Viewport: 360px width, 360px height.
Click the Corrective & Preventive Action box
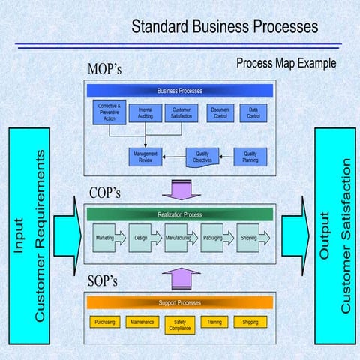coord(109,113)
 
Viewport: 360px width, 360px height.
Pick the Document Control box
coord(220,113)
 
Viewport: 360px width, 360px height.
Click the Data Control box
coord(253,113)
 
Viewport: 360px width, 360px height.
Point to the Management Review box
coord(145,157)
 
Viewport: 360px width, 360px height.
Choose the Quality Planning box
coord(250,157)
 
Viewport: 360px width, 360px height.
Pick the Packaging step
coord(214,238)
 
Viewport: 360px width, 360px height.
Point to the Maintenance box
coord(142,322)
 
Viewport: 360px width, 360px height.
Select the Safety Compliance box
coord(180,324)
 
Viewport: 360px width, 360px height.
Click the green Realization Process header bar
coord(180,214)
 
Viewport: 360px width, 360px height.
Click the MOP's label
coord(104,70)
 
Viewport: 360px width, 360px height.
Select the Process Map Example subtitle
coord(286,63)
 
